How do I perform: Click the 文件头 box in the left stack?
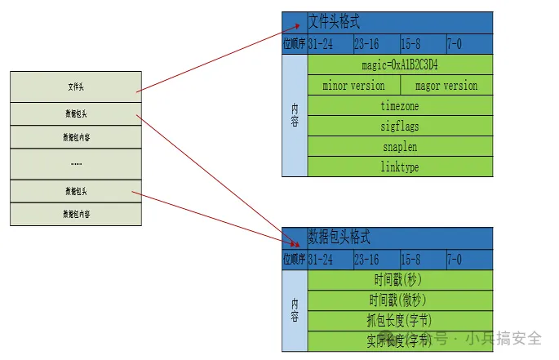[x=76, y=87]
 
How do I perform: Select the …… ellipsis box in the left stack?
[x=76, y=163]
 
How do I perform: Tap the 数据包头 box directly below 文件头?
[x=76, y=113]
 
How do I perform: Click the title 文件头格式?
[x=334, y=22]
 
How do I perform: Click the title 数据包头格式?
[x=339, y=238]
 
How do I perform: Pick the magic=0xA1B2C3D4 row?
[x=400, y=64]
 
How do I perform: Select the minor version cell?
[x=353, y=85]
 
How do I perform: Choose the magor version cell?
[x=446, y=85]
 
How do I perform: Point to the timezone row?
[x=400, y=106]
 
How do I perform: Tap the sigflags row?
[x=400, y=127]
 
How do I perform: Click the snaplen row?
[x=400, y=147]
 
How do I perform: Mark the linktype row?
[x=400, y=167]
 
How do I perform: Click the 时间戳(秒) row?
[x=400, y=280]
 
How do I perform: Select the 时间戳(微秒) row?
[x=400, y=300]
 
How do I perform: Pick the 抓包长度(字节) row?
[x=400, y=321]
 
